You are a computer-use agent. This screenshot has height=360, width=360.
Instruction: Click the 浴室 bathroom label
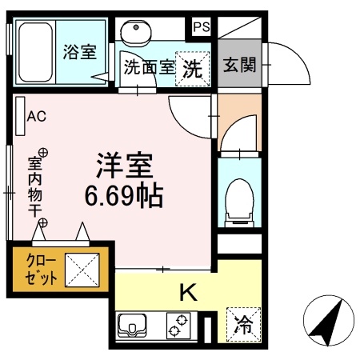point(79,53)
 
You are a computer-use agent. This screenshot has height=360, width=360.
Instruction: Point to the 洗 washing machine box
point(193,67)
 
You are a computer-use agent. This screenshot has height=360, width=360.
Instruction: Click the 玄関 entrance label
point(239,65)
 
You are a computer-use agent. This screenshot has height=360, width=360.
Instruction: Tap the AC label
point(37,117)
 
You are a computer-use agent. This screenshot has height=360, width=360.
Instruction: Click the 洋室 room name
point(125,166)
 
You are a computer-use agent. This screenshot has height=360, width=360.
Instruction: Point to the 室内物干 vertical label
point(35,186)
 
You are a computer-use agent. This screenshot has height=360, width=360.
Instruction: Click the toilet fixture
point(238,201)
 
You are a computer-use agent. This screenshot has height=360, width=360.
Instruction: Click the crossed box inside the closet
point(82,270)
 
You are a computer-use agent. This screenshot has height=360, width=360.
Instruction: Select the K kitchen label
point(187,293)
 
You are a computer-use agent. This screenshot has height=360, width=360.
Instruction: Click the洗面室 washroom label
point(149,67)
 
